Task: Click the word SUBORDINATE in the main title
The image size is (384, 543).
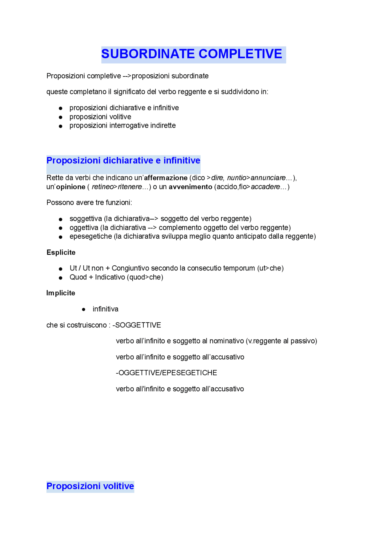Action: tap(148, 54)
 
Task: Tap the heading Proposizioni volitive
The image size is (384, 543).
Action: tap(90, 486)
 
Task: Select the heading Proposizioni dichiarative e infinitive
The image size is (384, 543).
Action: tap(123, 160)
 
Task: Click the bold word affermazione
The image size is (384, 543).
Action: tap(166, 178)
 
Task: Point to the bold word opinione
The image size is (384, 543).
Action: tap(71, 187)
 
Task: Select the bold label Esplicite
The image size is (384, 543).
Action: tap(61, 252)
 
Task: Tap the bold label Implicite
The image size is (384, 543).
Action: tap(61, 293)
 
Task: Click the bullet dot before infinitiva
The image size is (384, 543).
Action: tap(84, 309)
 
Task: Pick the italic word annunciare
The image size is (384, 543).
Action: tap(268, 178)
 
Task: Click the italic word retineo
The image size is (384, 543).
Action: tap(103, 187)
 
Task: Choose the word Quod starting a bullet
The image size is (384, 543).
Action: tap(78, 277)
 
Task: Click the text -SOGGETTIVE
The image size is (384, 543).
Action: tap(136, 325)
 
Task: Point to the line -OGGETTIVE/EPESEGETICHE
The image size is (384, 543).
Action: tap(166, 373)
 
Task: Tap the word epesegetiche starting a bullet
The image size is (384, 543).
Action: tap(91, 236)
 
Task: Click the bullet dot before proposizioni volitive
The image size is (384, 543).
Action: tap(61, 117)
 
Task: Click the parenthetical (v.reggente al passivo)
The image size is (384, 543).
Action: tap(281, 341)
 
